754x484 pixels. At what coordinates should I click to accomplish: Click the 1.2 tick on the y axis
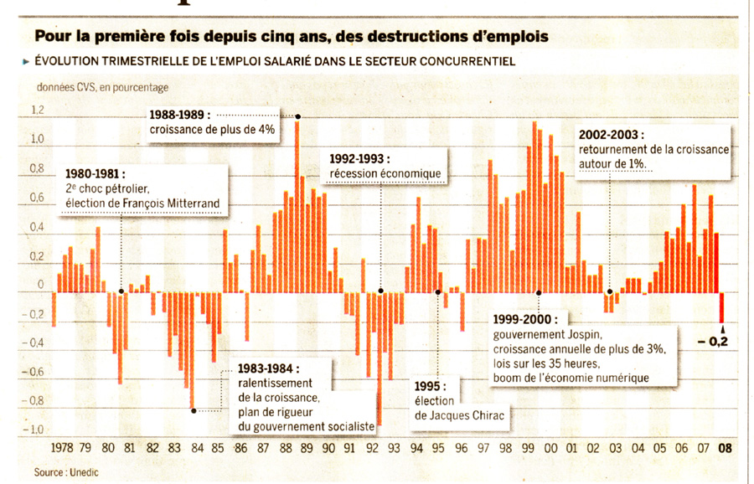pos(38,110)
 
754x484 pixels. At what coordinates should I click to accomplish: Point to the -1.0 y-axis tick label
pos(36,430)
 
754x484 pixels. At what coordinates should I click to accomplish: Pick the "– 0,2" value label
pos(713,341)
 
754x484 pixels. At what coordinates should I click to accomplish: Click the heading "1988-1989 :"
pos(180,115)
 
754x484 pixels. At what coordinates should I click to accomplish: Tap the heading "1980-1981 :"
pos(95,173)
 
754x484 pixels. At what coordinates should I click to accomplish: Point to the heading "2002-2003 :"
pos(611,134)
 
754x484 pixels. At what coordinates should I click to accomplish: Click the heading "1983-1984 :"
pos(268,368)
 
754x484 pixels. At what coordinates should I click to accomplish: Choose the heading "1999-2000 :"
pos(529,320)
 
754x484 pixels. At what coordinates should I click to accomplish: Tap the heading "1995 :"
pos(431,386)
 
